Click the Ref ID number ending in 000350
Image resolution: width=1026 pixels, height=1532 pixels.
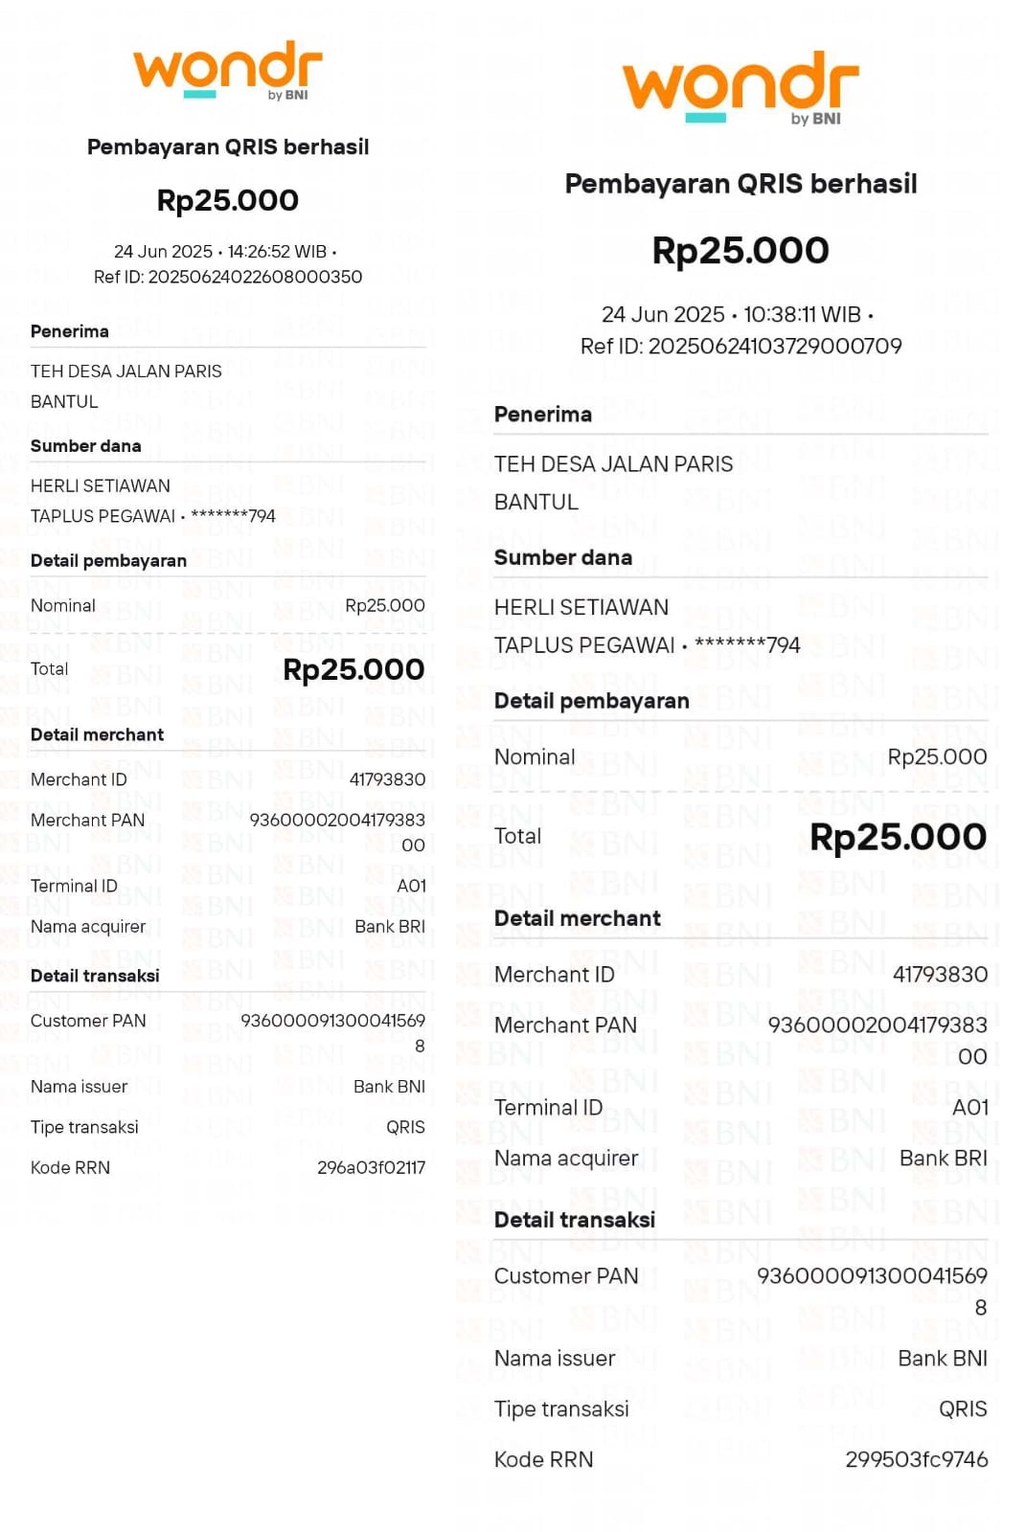click(255, 277)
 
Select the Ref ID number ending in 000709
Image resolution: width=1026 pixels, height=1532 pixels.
click(775, 346)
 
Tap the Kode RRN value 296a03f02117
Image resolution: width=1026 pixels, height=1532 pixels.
click(371, 1167)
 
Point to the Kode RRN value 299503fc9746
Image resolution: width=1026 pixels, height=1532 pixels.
click(916, 1459)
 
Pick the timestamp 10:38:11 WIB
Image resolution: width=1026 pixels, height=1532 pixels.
click(802, 314)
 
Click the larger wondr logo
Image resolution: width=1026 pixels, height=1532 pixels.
click(741, 87)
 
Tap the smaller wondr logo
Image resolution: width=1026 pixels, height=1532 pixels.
click(228, 69)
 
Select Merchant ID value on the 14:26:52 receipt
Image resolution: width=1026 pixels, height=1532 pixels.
click(387, 779)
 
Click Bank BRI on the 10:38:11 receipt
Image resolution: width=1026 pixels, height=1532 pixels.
click(943, 1158)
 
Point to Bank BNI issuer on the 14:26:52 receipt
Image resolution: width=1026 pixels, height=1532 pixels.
click(389, 1087)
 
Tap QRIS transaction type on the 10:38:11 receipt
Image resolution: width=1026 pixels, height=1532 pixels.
click(962, 1408)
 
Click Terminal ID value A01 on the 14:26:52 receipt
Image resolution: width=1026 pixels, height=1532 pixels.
click(411, 886)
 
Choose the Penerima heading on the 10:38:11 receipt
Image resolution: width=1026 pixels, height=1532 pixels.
click(543, 415)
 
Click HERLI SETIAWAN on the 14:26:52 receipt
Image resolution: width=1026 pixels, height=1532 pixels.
click(101, 485)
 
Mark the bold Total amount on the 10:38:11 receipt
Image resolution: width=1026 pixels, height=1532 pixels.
click(898, 837)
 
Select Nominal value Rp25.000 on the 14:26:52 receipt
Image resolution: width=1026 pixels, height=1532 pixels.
click(384, 605)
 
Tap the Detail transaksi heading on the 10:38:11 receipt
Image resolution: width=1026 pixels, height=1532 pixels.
click(575, 1220)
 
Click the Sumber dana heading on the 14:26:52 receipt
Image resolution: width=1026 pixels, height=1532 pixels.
click(86, 446)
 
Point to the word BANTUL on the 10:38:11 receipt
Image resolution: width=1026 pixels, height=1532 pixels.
click(536, 502)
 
